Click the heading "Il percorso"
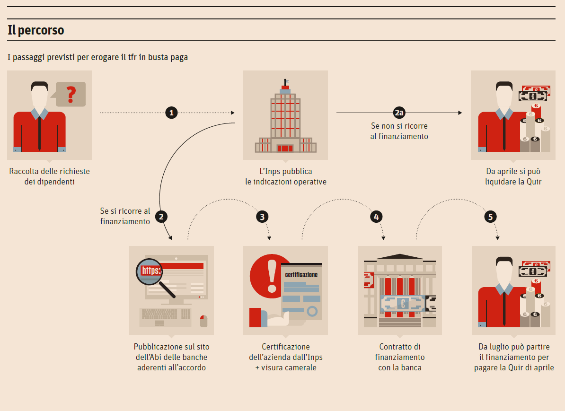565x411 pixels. pos(36,31)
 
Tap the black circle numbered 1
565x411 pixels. pos(172,113)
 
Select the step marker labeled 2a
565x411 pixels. pos(399,113)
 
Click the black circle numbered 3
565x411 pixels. pos(262,217)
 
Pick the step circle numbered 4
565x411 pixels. pos(376,217)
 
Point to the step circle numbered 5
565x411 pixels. pos(491,217)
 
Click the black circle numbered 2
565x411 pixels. pos(161,217)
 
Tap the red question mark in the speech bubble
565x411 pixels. pos(71,95)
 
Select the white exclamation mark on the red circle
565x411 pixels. pos(272,276)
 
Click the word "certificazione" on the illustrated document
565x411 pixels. pos(301,274)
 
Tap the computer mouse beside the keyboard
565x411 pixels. pos(203,321)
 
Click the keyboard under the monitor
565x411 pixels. pos(166,316)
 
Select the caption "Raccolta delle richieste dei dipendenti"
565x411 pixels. pos(49,176)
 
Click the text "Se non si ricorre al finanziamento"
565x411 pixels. pos(399,131)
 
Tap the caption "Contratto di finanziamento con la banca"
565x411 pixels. pos(400,357)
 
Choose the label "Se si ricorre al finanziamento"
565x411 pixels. pos(125,216)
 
